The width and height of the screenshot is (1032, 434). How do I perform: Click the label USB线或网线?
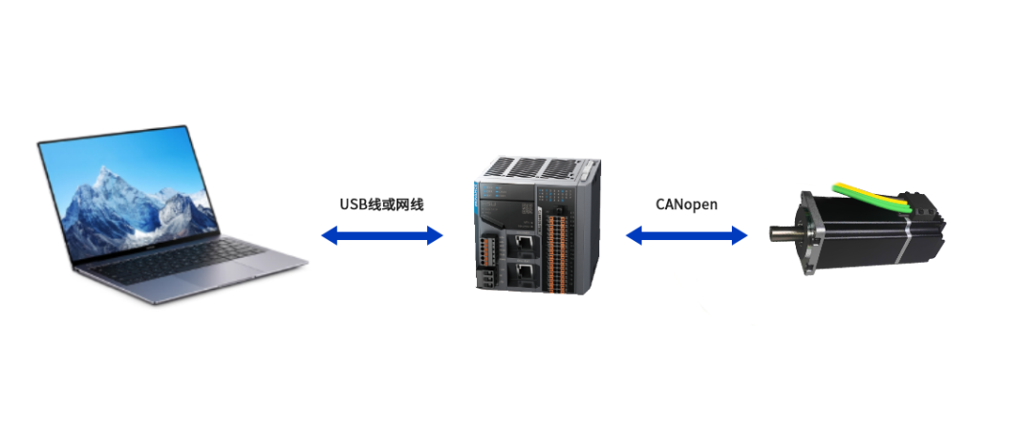pyautogui.click(x=381, y=204)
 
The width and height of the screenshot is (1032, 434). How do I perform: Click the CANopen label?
pyautogui.click(x=686, y=204)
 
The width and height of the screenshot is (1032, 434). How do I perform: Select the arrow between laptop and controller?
pyautogui.click(x=381, y=235)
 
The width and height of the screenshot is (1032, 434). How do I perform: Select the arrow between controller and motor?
pyautogui.click(x=686, y=235)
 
